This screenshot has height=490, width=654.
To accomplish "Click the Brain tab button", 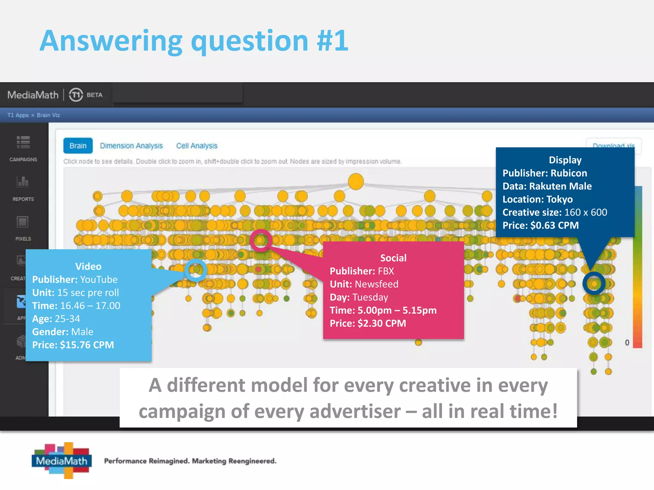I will (x=78, y=146).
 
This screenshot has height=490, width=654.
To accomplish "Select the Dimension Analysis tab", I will (x=131, y=146).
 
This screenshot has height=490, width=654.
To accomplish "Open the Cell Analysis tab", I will (x=197, y=146).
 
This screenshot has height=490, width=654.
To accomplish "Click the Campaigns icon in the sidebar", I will (x=23, y=143).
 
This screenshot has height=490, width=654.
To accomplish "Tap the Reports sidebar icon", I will (x=23, y=182).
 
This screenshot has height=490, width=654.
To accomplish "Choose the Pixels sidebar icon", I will (x=23, y=222).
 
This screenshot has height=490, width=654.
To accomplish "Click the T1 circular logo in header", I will (x=76, y=95).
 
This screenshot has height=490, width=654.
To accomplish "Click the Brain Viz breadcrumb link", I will (x=48, y=115).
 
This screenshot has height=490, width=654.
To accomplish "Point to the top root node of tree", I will (x=356, y=182).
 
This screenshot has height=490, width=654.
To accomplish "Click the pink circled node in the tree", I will (x=261, y=240).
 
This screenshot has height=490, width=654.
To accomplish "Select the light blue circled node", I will (x=196, y=270).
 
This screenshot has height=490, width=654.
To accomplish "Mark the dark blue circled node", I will (x=594, y=283).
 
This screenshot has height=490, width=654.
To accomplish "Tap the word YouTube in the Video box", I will (x=99, y=279).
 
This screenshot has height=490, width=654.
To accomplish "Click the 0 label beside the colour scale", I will (x=627, y=343).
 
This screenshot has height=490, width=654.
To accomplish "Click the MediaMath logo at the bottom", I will (x=62, y=460).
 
